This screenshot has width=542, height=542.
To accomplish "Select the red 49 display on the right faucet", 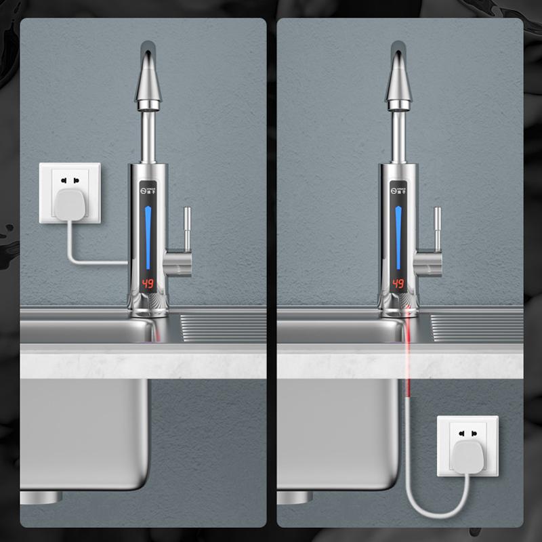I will coord(398,283).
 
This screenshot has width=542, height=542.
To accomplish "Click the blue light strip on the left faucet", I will coord(148,237).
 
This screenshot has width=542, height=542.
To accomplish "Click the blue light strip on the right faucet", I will coord(398,237).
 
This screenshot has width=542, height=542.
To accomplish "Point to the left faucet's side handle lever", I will coord(186,230).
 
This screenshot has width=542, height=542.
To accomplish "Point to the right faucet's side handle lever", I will coord(437,230).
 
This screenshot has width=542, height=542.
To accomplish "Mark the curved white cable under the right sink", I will coord(434,512).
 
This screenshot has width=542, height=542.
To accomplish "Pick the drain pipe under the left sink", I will coord(41,497).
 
